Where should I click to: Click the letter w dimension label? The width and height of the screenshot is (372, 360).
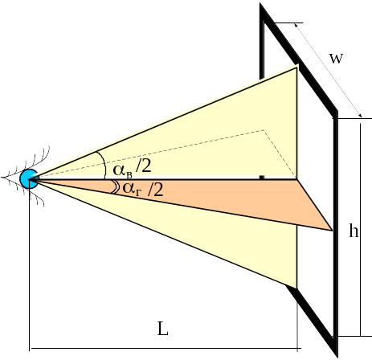coord(336,59)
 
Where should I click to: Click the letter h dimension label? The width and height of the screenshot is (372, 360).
coord(354,230)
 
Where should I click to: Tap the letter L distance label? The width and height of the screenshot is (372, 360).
coord(163,329)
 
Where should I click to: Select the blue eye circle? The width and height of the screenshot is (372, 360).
coord(29,178)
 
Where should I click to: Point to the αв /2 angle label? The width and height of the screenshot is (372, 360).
coord(132,169)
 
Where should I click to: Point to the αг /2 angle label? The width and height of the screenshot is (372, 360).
coord(143,189)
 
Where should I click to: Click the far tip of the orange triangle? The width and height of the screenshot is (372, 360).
coord(333,230)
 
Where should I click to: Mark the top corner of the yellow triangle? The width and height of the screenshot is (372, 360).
coord(297,66)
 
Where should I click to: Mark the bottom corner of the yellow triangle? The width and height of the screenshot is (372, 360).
coord(296,288)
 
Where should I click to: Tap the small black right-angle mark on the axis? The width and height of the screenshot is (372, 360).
coord(262,177)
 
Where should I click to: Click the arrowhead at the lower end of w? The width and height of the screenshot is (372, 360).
coord(361,116)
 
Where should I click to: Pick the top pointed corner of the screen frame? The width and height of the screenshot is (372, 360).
coord(261,5)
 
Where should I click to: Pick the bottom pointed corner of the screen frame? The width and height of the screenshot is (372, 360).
coord(337,356)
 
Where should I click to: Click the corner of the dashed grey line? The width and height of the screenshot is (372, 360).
coord(264,130)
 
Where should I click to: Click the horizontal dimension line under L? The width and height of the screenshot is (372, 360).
coord(165,349)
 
